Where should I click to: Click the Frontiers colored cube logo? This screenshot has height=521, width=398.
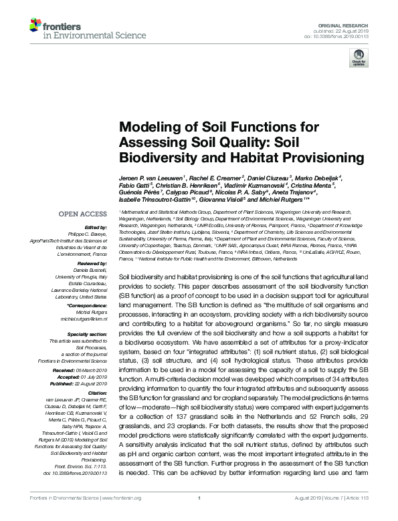click(35, 26)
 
